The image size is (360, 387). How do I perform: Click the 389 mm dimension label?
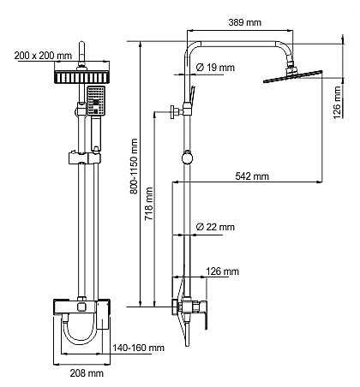244,22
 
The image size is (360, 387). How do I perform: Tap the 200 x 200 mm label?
43,56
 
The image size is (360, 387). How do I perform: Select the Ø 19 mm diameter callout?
215,68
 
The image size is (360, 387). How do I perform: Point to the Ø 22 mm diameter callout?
215,227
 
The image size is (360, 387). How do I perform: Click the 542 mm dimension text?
252,176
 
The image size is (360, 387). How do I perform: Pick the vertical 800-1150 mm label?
134,166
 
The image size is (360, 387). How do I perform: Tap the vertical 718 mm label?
148,204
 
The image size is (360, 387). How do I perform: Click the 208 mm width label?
87,372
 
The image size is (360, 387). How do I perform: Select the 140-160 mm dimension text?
138,348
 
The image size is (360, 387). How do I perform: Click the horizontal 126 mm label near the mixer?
222,271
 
